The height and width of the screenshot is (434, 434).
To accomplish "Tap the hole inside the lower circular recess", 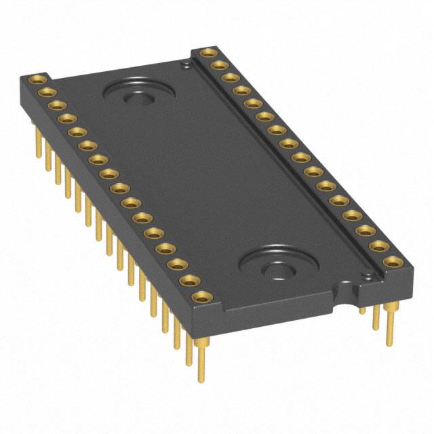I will [x=277, y=272].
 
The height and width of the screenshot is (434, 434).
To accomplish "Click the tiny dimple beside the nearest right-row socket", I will [x=367, y=275].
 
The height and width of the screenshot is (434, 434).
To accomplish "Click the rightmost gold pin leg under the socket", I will [x=390, y=325].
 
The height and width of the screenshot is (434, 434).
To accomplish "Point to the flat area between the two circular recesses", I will [x=203, y=183].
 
